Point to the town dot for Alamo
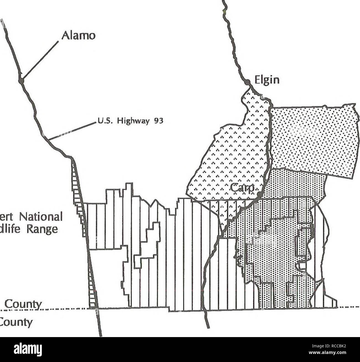[20, 81]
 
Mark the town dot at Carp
[259, 195]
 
